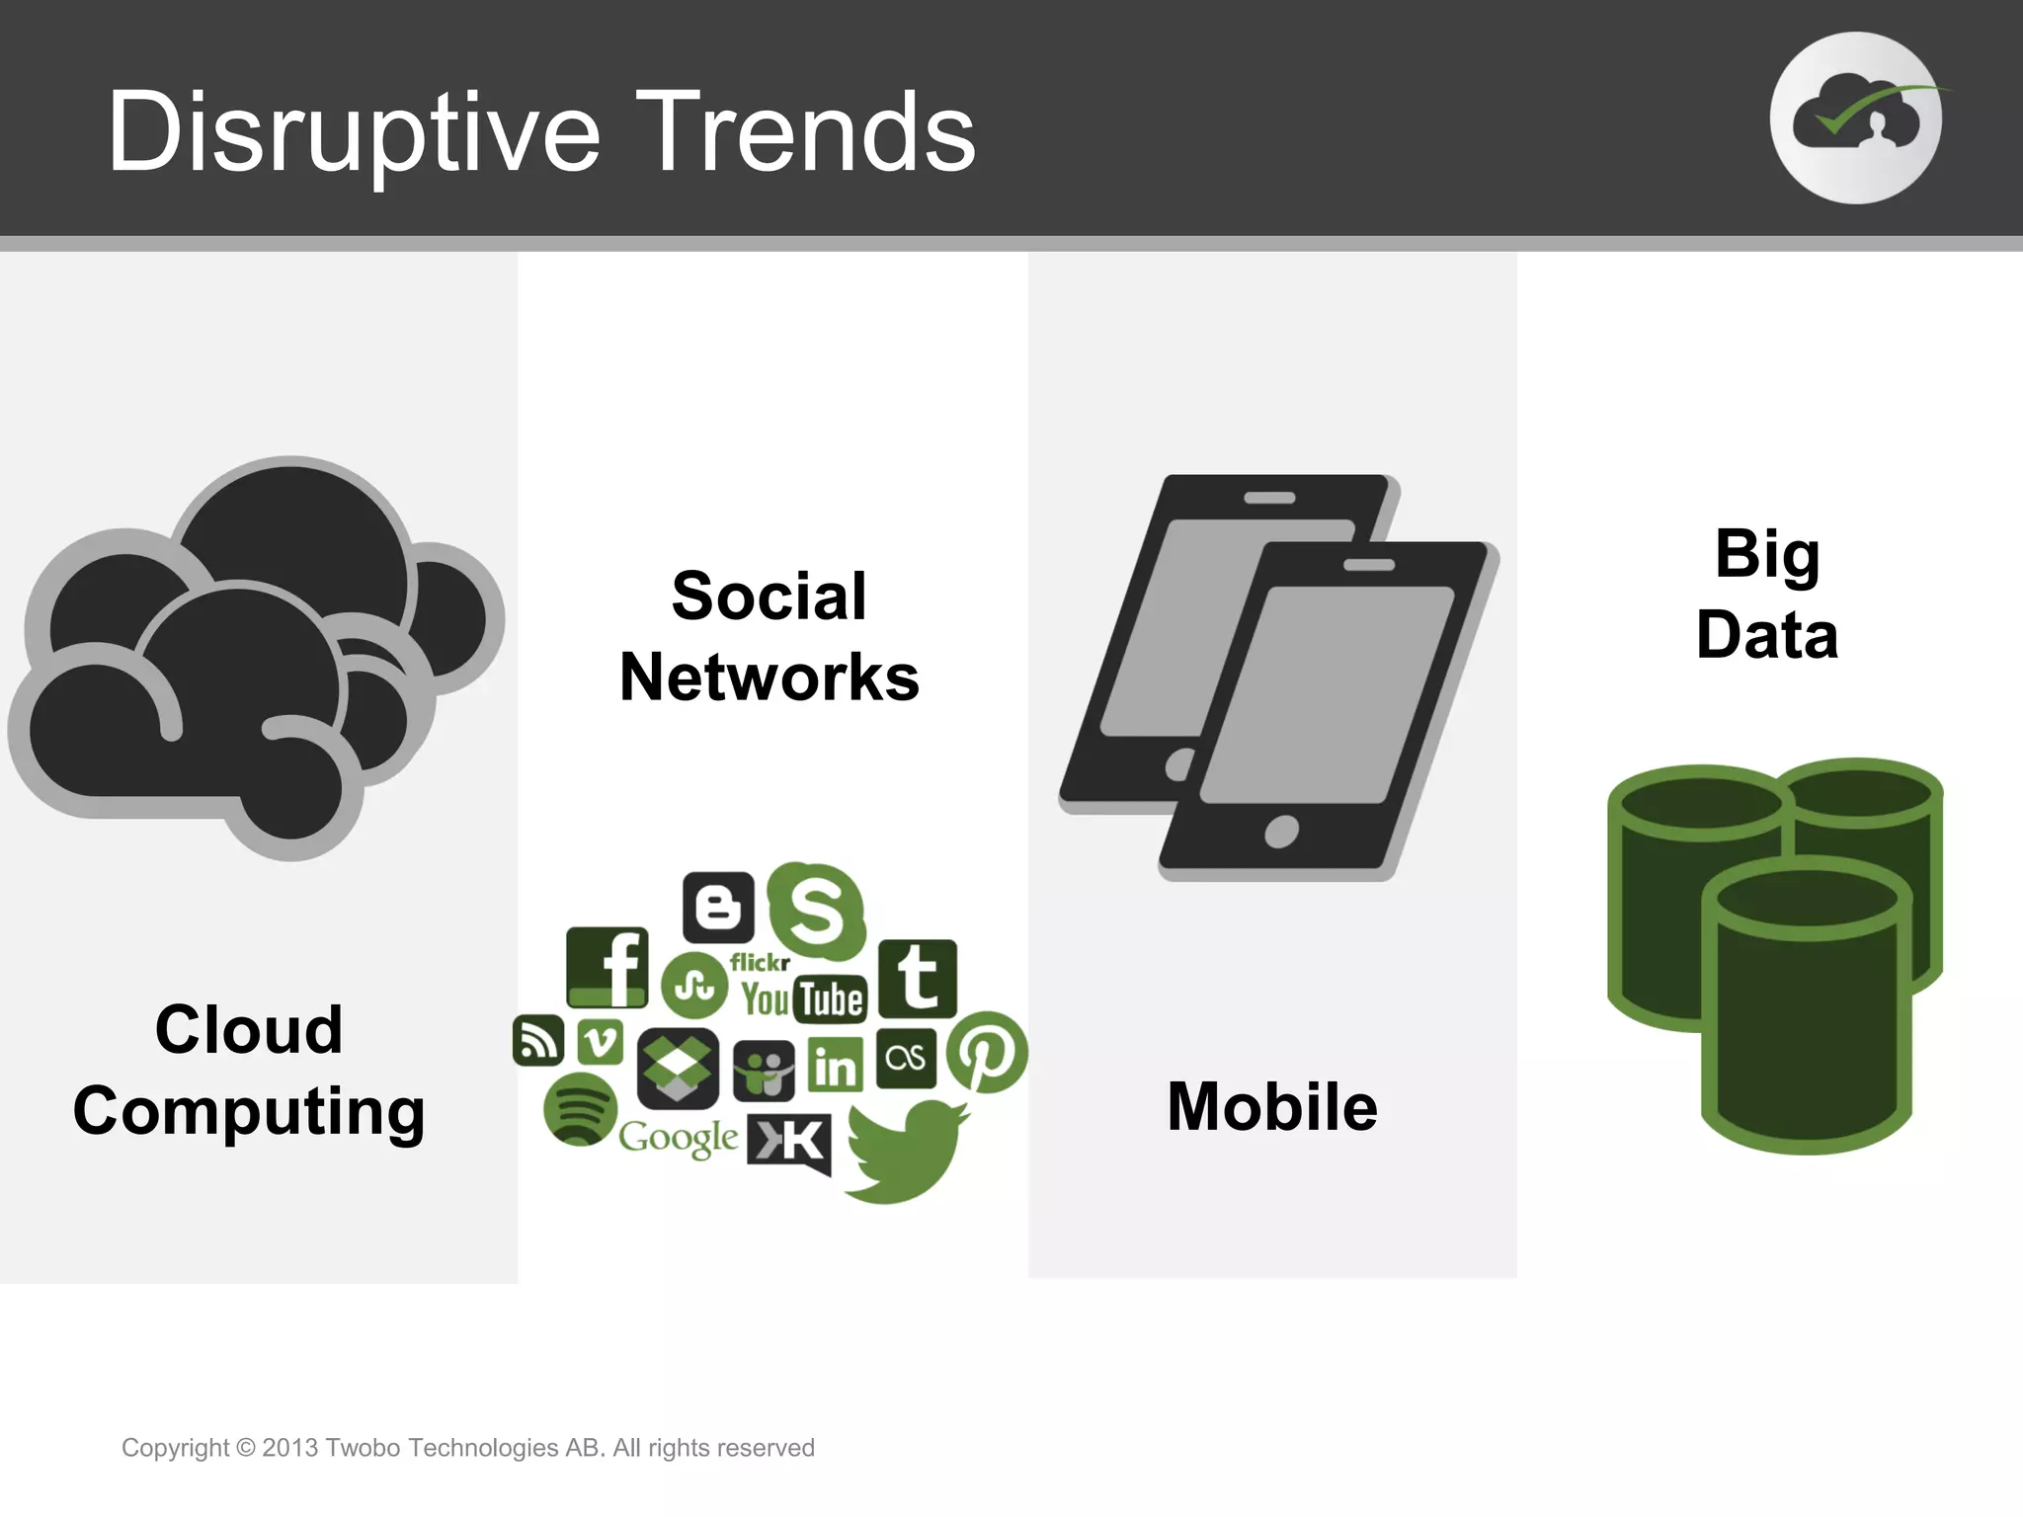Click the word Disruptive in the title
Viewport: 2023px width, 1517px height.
(354, 133)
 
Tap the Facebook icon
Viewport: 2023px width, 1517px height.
(607, 967)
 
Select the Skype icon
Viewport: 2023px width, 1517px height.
(816, 911)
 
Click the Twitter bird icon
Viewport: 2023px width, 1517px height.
(905, 1151)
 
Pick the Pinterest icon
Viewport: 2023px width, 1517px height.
(987, 1051)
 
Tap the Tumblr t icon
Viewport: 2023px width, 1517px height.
(918, 978)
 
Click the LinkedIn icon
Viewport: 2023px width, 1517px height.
(836, 1065)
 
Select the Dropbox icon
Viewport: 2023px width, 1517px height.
(678, 1068)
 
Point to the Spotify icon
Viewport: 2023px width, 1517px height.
(580, 1109)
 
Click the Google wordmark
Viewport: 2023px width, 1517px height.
(678, 1138)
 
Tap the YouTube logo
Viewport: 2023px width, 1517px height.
(804, 999)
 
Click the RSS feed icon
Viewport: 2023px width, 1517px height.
(538, 1040)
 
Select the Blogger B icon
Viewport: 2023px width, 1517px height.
(718, 907)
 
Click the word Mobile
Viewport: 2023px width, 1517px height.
(1272, 1106)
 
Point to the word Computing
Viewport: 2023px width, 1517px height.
(249, 1112)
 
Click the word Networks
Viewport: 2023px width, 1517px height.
(769, 678)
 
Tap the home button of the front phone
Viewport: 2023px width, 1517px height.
(1281, 832)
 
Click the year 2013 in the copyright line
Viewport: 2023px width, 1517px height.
(289, 1448)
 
